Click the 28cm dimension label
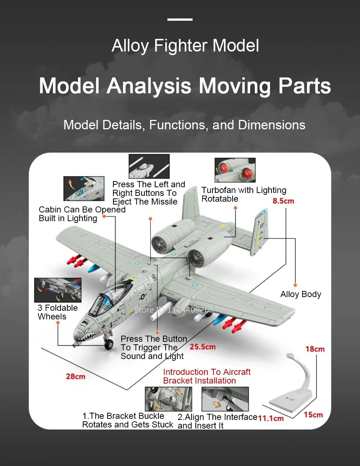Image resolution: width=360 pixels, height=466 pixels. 76,376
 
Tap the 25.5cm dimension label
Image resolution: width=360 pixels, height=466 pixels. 203,347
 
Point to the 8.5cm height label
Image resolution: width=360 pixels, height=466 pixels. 283,201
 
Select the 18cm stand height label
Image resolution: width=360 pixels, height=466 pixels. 315,349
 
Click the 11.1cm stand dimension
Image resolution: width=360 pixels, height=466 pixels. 271,418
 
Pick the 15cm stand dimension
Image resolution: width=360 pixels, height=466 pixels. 313,415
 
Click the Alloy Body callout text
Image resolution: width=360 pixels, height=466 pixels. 301,294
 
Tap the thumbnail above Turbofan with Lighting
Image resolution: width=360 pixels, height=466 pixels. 235,170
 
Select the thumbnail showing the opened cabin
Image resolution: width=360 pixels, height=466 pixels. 84,188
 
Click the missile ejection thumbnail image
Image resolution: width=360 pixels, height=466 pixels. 149,166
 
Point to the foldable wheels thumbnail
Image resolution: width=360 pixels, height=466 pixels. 58,290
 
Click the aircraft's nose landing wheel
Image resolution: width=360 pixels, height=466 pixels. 108,345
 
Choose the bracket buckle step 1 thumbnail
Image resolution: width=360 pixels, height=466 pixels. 168,399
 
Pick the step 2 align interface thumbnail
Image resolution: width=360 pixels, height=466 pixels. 225,399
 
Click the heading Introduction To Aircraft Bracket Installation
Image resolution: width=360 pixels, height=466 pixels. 207,376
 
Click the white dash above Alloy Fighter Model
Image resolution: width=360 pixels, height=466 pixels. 180,19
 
